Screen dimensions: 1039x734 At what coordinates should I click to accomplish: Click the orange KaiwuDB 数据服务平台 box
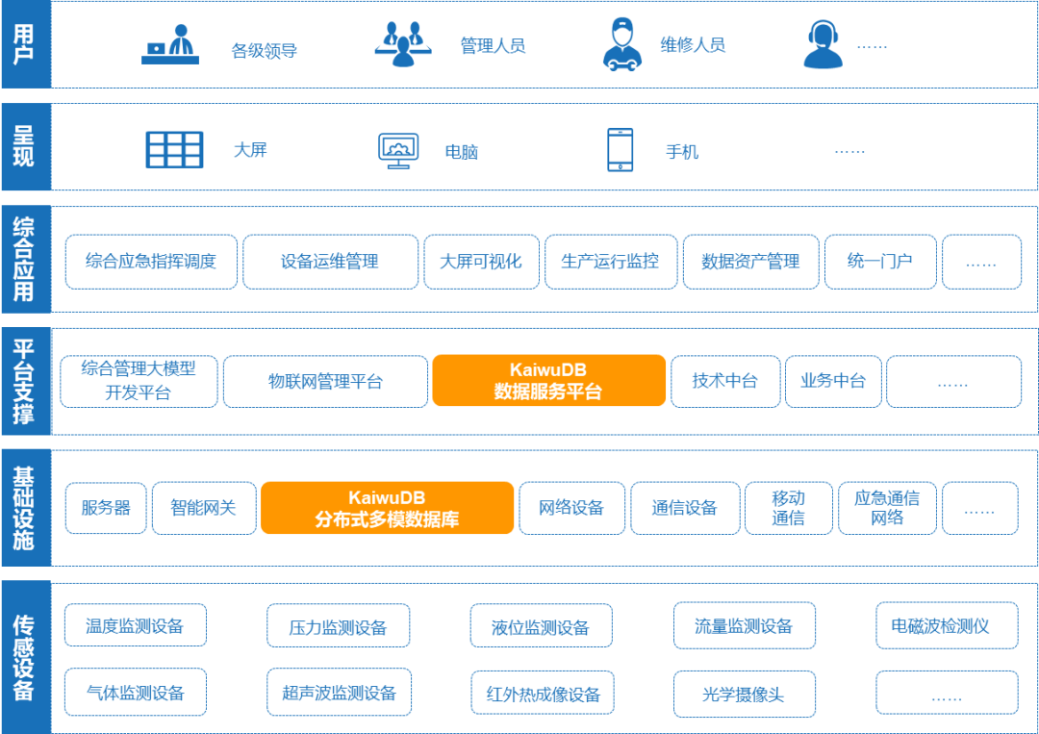click(x=548, y=380)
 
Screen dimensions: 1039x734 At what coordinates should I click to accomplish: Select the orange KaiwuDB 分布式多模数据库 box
click(x=387, y=507)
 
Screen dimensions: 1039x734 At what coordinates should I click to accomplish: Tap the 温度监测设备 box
click(x=136, y=624)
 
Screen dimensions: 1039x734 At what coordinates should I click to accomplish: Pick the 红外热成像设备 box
click(x=542, y=694)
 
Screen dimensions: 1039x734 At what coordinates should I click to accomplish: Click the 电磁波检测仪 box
click(x=947, y=625)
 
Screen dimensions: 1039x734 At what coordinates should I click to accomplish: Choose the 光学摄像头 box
click(x=744, y=694)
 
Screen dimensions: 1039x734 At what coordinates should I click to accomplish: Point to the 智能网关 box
click(x=204, y=508)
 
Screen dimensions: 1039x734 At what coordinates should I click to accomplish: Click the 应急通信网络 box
click(x=887, y=508)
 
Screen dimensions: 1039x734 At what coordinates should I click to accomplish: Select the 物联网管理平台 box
click(x=325, y=382)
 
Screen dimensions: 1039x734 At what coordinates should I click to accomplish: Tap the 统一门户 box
click(x=880, y=262)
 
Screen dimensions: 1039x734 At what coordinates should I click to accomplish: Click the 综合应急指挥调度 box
click(x=151, y=262)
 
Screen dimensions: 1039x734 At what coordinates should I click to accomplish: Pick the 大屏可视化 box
click(x=481, y=262)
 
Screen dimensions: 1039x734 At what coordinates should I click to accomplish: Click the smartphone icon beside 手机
click(x=621, y=150)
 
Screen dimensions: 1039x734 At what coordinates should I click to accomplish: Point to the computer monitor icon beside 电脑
click(x=398, y=151)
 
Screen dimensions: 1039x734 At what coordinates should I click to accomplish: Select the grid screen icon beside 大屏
click(x=174, y=150)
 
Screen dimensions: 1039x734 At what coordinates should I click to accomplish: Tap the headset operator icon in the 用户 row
click(x=823, y=44)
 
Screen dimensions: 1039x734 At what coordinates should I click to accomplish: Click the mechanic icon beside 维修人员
click(x=621, y=44)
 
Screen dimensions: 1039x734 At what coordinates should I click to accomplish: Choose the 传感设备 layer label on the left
click(x=24, y=657)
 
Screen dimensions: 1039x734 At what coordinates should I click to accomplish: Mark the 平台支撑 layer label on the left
click(x=24, y=381)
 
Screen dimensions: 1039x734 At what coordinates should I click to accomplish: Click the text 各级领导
click(x=264, y=51)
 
